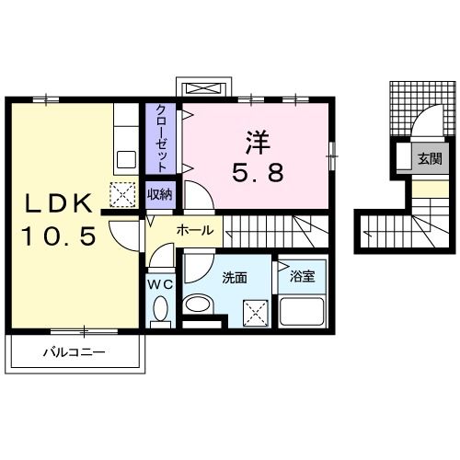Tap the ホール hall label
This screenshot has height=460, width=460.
(x=194, y=229)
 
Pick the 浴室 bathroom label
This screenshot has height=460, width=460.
(x=302, y=274)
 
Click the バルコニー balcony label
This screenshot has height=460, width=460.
(x=74, y=351)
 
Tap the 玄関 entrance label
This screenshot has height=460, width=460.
(x=430, y=158)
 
